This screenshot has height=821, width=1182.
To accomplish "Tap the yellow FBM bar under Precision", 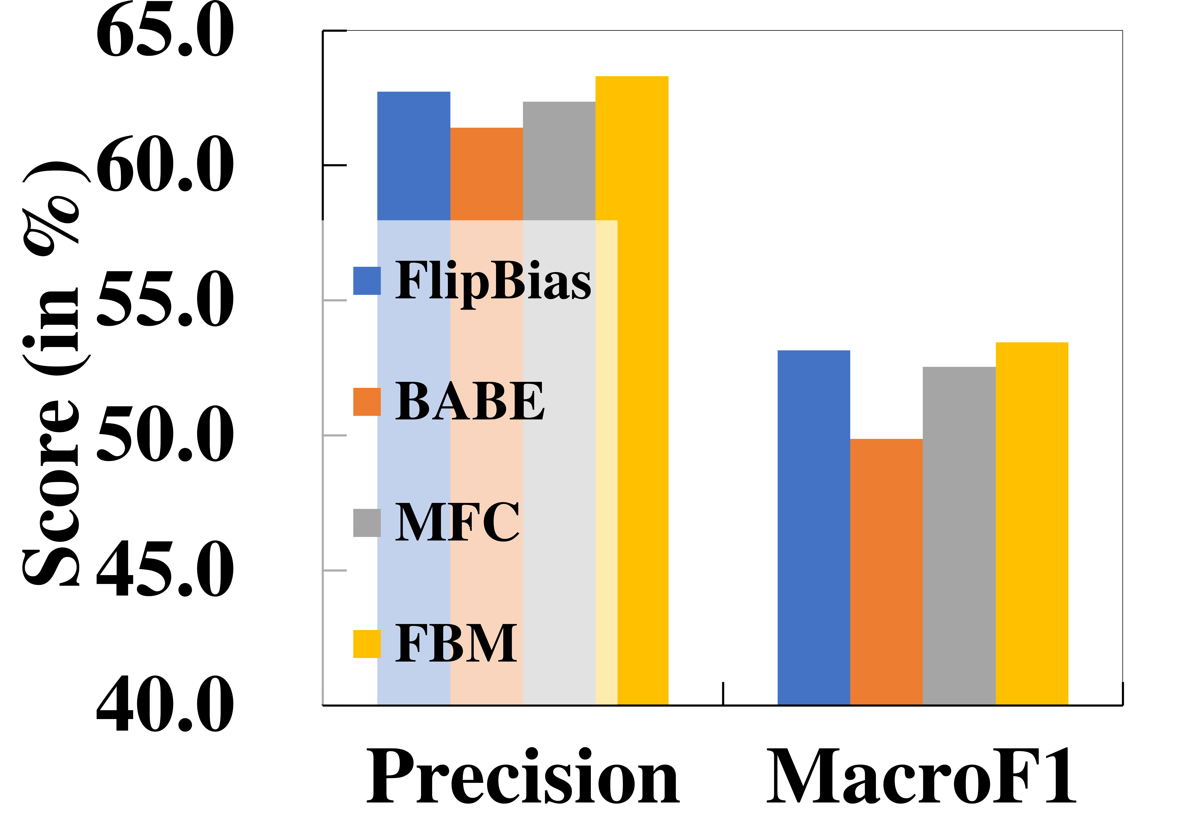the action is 632,390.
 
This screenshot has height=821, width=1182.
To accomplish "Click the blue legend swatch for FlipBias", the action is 367,281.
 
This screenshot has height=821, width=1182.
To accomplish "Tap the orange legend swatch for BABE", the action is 367,402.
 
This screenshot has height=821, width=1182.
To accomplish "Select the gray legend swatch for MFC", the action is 367,523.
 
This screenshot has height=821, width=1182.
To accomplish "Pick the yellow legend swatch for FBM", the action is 367,644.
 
